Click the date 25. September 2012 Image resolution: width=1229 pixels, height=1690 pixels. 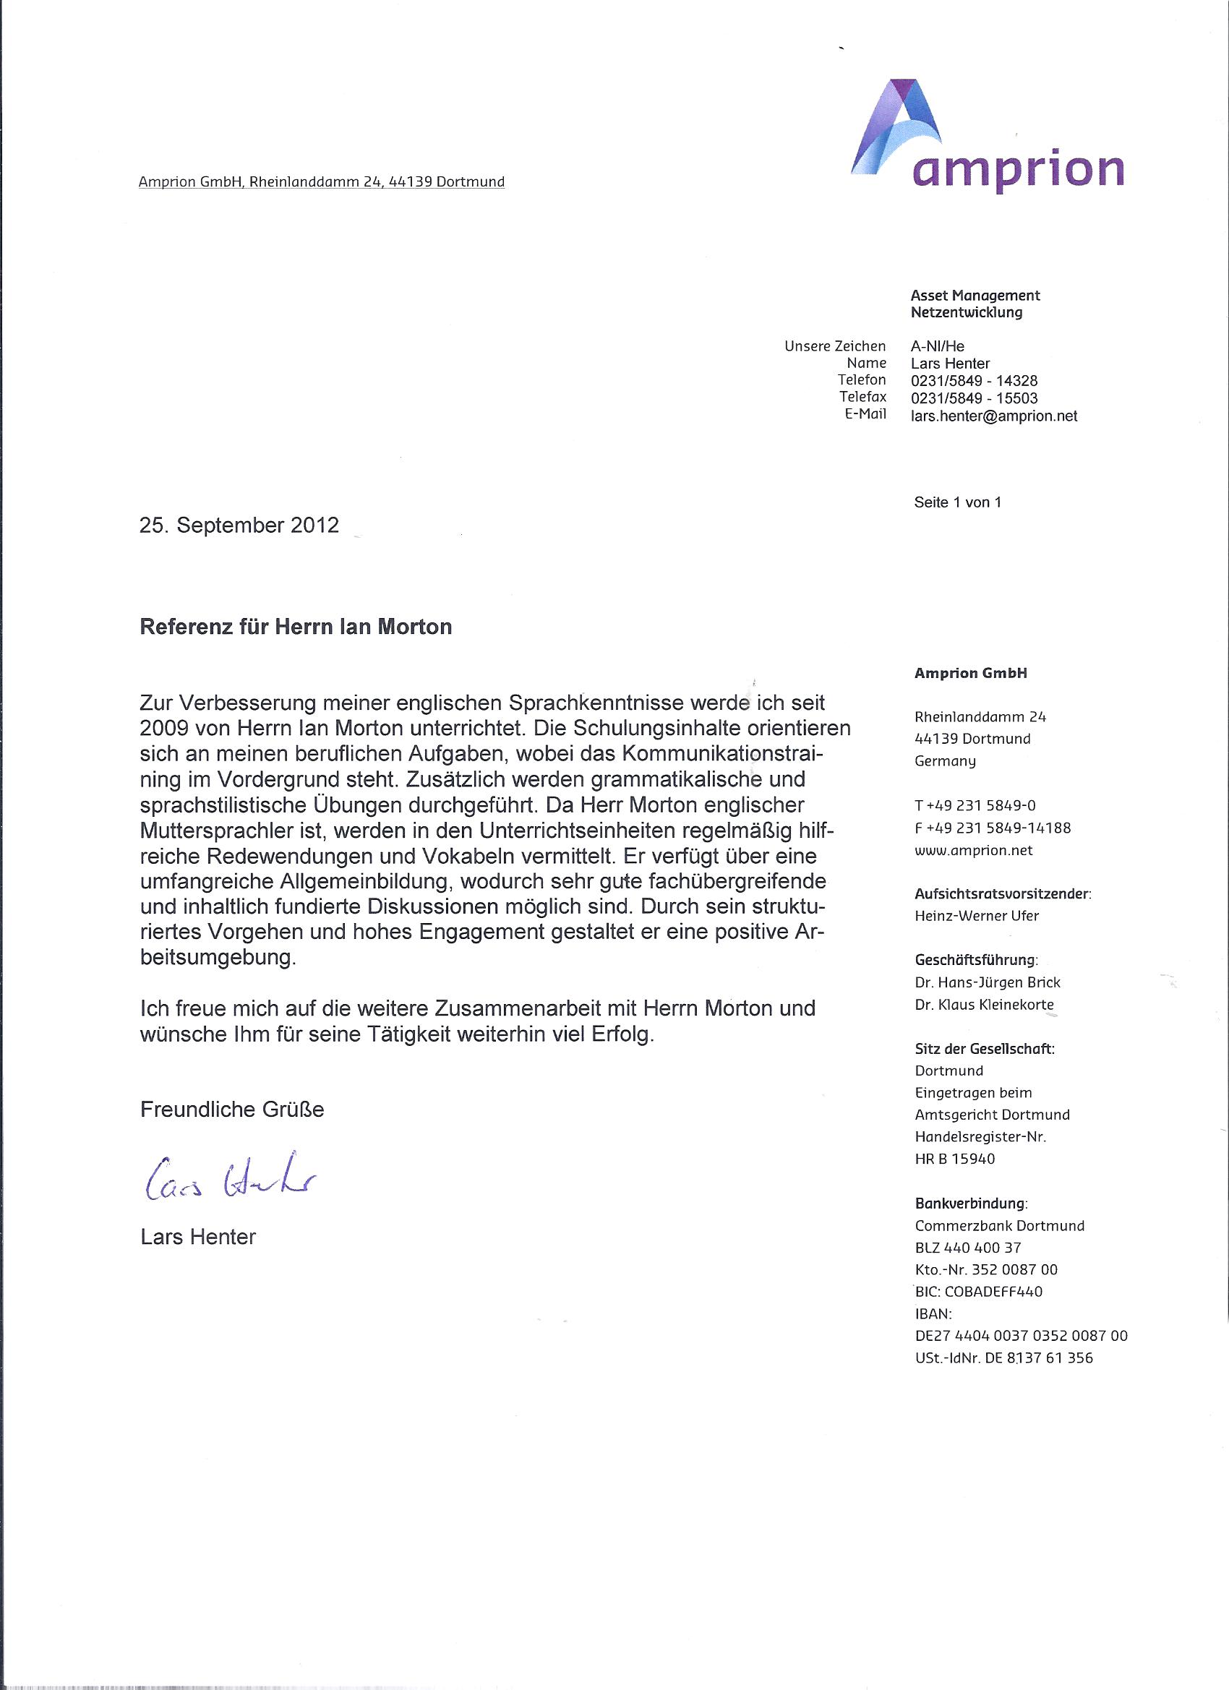pyautogui.click(x=239, y=526)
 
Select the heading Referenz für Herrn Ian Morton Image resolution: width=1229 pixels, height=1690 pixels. pyautogui.click(x=296, y=626)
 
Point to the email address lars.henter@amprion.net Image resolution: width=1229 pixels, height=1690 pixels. pyautogui.click(x=993, y=416)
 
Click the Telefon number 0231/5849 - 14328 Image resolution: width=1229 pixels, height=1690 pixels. pyautogui.click(x=973, y=381)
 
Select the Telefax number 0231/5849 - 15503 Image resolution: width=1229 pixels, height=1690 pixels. pyautogui.click(x=973, y=399)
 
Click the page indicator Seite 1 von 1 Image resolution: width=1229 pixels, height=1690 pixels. pyautogui.click(x=957, y=502)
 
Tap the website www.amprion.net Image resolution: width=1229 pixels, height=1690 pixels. pyautogui.click(x=973, y=850)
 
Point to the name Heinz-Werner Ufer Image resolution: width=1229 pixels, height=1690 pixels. pyautogui.click(x=977, y=916)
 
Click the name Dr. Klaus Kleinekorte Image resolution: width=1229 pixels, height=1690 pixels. pyautogui.click(x=984, y=1005)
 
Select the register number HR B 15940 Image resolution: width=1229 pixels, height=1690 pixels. pyautogui.click(x=954, y=1159)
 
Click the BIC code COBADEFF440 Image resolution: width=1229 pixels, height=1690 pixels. pyautogui.click(x=980, y=1291)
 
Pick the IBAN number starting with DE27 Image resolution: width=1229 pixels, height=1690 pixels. pyautogui.click(x=1020, y=1336)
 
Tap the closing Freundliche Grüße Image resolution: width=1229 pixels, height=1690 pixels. pyautogui.click(x=232, y=1110)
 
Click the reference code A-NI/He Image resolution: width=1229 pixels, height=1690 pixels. pyautogui.click(x=937, y=346)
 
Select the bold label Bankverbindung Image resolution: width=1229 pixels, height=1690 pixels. pyautogui.click(x=970, y=1204)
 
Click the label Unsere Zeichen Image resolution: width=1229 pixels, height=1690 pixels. pyautogui.click(x=835, y=346)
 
